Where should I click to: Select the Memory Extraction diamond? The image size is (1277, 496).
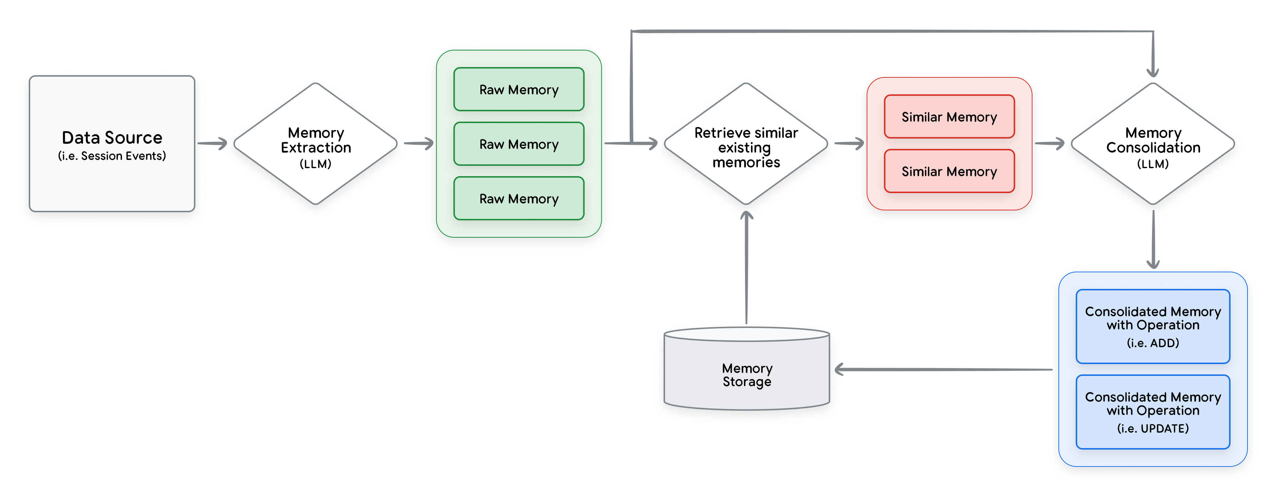point(315,144)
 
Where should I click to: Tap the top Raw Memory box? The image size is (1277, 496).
point(519,89)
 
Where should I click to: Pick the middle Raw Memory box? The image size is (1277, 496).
point(519,144)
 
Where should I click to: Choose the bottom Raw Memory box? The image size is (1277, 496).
point(519,198)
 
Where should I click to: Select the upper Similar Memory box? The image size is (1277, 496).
point(949,116)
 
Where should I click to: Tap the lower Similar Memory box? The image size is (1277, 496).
point(949,171)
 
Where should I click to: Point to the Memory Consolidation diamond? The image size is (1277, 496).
point(1152,144)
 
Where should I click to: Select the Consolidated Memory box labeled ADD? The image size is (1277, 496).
point(1152,326)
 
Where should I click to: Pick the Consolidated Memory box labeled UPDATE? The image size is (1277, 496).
point(1152,411)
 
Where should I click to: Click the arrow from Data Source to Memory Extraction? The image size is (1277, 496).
point(212,144)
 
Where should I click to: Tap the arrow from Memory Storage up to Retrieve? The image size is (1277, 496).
point(746,268)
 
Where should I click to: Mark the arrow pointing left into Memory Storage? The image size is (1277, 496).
point(942,369)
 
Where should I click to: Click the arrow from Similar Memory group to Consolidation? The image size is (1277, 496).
point(1050,144)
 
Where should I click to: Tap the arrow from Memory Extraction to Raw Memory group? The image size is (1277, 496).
point(418,144)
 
